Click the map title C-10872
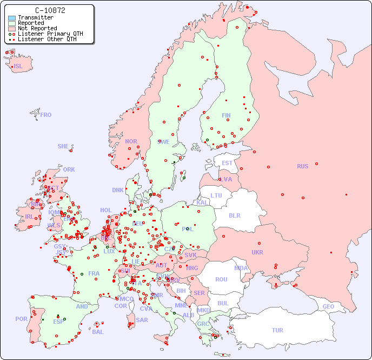50,10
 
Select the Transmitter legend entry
35,17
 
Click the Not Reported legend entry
37,28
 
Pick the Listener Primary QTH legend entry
50,34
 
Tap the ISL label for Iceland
18,67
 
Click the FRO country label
46,115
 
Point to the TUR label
277,330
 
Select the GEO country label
328,306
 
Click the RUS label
302,166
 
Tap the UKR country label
257,252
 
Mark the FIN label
226,115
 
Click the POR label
21,319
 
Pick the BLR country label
234,215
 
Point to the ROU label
221,279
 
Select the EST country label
227,163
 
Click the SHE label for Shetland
63,146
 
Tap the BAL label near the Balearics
98,332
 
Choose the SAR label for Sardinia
142,320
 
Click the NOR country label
131,141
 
